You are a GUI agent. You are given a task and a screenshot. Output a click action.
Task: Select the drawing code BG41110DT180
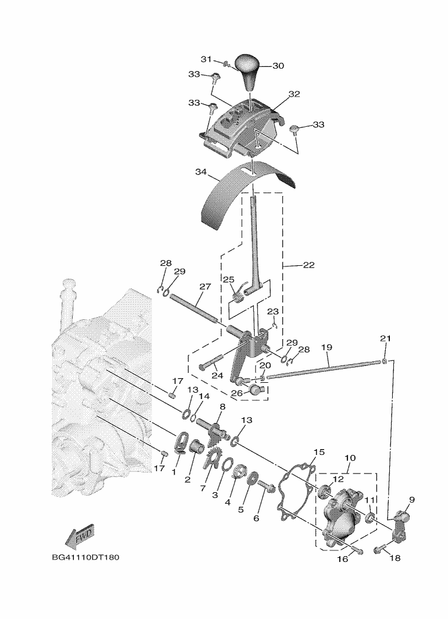pos(86,557)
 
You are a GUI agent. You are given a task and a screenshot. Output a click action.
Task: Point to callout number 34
pos(201,172)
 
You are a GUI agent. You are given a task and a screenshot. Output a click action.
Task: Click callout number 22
pos(309,265)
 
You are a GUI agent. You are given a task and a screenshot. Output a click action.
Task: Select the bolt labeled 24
pos(212,362)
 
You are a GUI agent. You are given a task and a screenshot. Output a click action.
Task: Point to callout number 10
pos(350,458)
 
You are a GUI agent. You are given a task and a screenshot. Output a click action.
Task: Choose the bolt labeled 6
pos(268,487)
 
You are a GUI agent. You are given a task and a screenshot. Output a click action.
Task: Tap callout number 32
pos(294,94)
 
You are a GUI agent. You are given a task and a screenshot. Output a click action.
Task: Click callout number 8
pos(222,406)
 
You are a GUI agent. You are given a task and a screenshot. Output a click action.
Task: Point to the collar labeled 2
pos(196,447)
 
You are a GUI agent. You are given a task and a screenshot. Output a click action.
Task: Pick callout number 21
pos(385,339)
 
